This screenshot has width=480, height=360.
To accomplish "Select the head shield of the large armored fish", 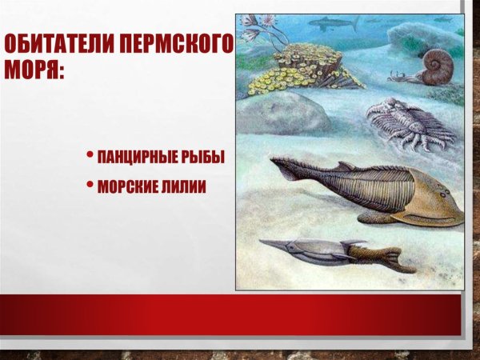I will [432, 196].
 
